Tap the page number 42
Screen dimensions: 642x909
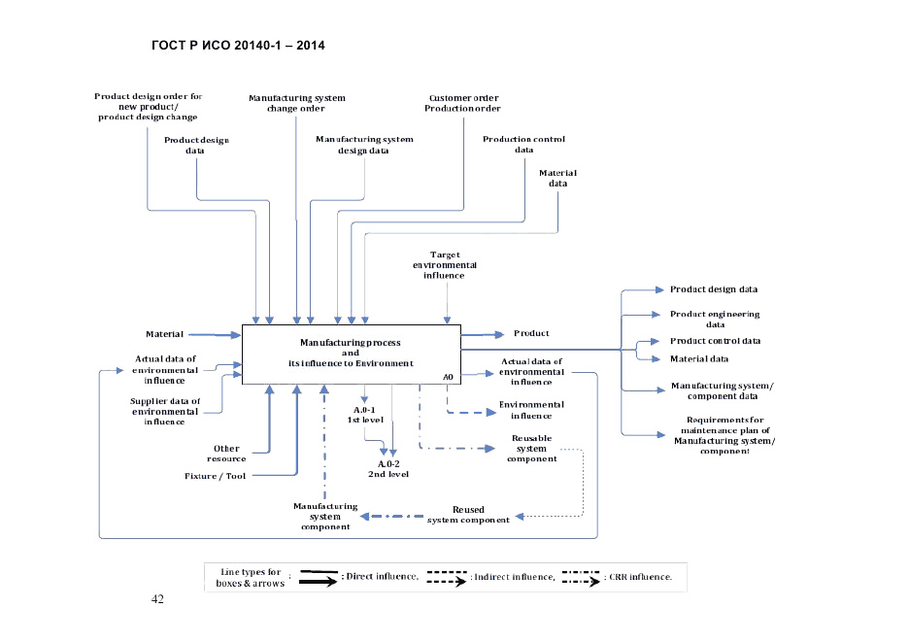158,598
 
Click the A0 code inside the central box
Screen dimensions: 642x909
448,376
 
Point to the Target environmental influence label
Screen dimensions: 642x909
445,265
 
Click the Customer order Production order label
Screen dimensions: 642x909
462,103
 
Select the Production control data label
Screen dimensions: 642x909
523,145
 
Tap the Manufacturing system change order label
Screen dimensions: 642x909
296,103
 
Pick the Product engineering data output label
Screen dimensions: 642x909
715,320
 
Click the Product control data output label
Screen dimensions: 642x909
716,341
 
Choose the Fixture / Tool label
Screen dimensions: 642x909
216,476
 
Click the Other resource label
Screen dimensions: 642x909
226,454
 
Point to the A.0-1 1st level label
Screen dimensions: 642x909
365,415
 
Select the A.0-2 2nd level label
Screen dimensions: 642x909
387,469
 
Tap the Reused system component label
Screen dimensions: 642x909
468,515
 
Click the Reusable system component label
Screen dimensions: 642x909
531,449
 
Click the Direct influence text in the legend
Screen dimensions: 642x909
382,577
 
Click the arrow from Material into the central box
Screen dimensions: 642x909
214,335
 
